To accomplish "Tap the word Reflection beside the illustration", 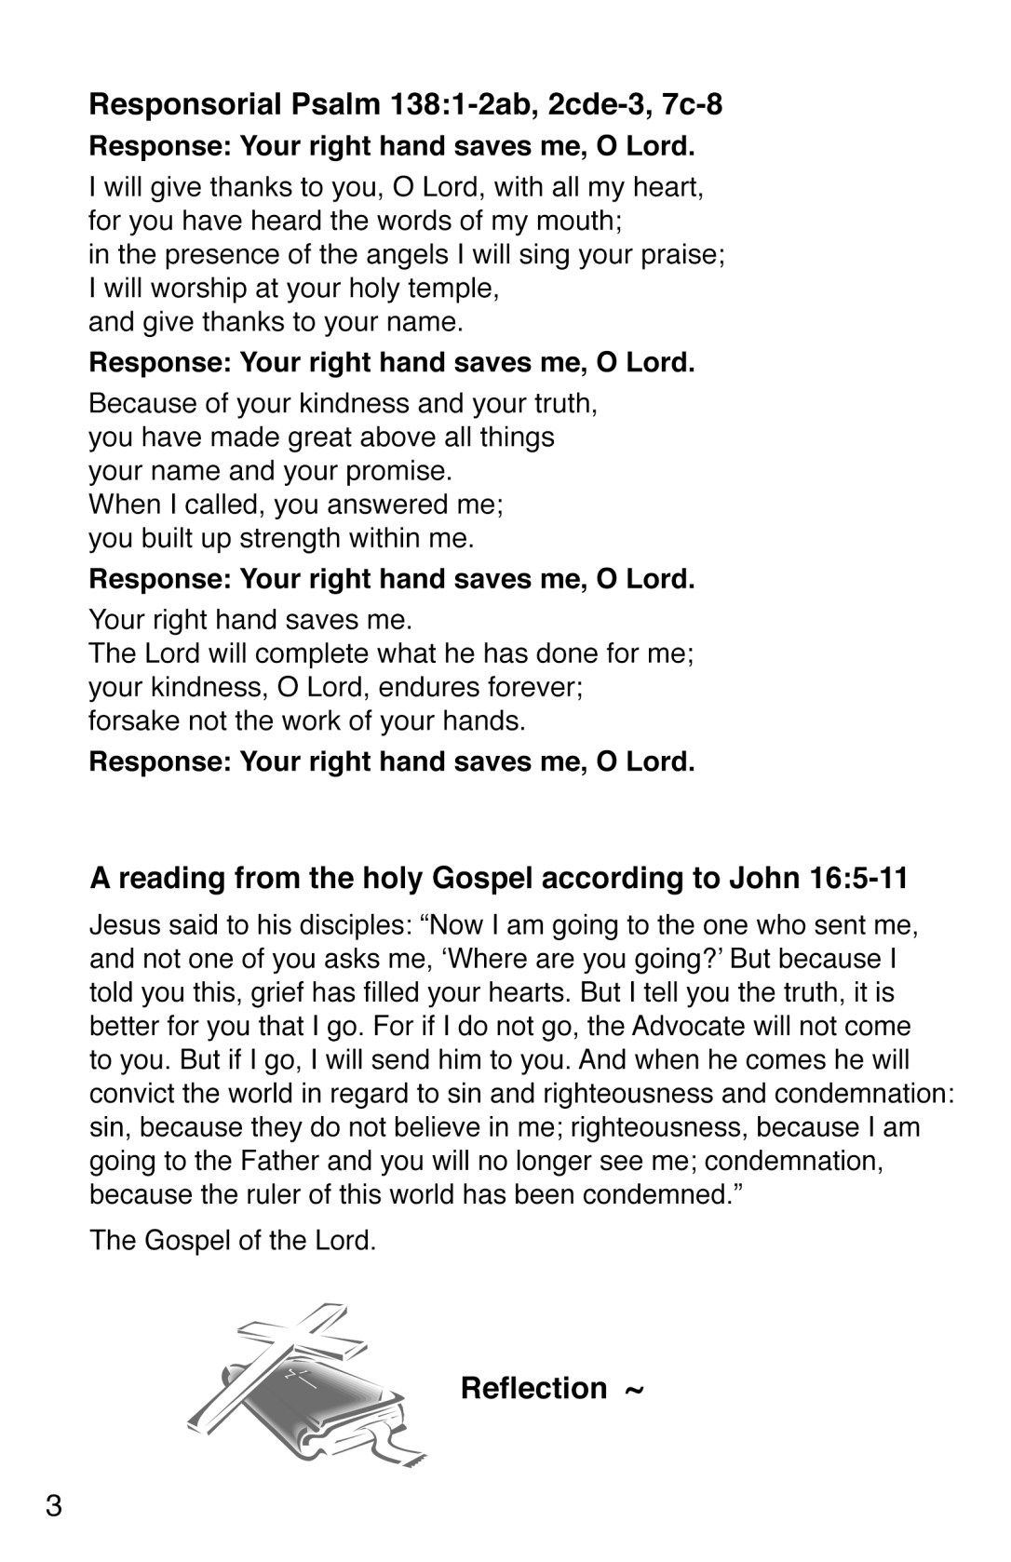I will click(533, 1388).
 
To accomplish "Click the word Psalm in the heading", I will click(342, 104).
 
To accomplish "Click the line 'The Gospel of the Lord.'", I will click(233, 1240).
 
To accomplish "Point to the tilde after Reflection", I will click(633, 1390).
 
